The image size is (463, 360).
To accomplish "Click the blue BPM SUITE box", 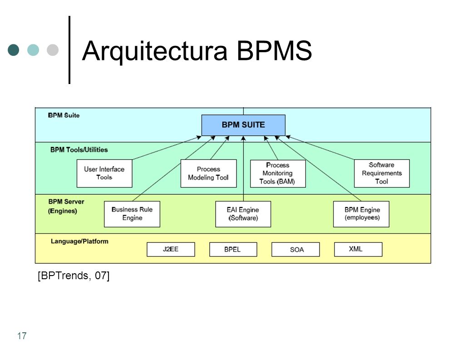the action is coord(243,125).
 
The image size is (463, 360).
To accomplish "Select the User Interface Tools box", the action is coord(104,173).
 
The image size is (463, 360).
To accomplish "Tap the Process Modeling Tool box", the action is coord(208,173).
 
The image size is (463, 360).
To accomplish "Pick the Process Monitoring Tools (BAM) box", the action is coord(277,174).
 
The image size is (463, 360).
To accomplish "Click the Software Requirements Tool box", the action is coord(381,173).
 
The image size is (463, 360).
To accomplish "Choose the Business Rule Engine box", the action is coord(132,214).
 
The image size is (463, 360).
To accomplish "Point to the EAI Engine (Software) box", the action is coord(243,214).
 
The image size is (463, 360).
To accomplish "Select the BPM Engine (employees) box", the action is coord(361,214).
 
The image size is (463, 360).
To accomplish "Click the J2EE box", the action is coord(171,249).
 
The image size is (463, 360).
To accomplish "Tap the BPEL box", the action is coord(233,249).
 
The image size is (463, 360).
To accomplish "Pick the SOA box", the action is coord(296,249).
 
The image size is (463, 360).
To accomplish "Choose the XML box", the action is coord(358,249).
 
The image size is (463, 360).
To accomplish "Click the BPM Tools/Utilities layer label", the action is coord(79,150).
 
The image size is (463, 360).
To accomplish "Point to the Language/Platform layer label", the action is coord(79,241).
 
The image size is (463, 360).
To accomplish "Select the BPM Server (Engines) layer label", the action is coord(66,206).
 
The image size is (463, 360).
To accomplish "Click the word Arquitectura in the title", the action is coord(155,51).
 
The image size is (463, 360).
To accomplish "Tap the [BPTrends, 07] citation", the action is coord(74,276).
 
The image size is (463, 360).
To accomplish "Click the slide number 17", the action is coord(22,336).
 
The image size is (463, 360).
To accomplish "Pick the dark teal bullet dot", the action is coord(13,50).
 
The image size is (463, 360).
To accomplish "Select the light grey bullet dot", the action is coord(53,50).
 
